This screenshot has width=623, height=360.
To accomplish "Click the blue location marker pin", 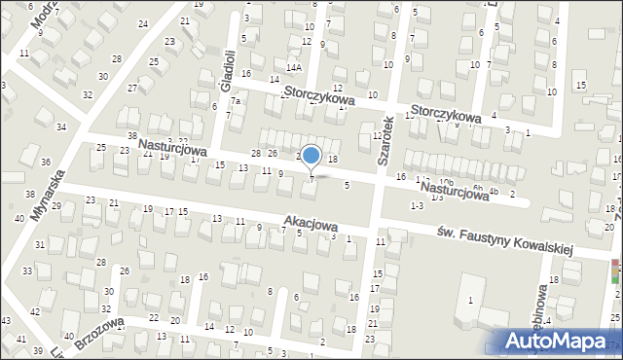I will [x=311, y=156].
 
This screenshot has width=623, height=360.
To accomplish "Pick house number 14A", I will [x=294, y=68].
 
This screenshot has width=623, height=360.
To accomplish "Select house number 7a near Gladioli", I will [x=235, y=101].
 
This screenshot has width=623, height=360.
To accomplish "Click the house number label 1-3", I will [x=417, y=205].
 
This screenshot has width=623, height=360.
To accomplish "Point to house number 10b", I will [x=446, y=183].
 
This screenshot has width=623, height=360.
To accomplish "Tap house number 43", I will [x=6, y=321].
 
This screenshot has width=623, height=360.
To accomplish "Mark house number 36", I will [x=46, y=162].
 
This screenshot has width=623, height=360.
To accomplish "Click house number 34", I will [x=61, y=127].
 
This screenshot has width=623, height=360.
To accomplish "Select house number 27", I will [x=131, y=88].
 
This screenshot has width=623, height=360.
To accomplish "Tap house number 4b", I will [x=494, y=191].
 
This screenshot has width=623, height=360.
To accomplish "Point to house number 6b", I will [x=477, y=188].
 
